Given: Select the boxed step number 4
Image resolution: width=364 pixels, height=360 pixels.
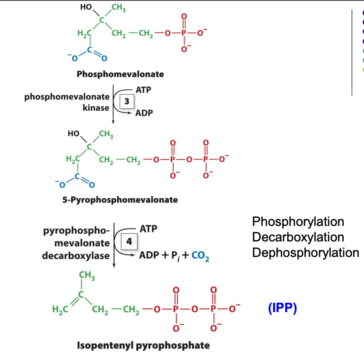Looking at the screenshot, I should click(x=128, y=242).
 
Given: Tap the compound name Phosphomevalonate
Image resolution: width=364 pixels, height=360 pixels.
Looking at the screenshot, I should click(x=120, y=74).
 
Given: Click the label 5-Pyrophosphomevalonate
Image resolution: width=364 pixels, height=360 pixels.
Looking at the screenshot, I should click(x=120, y=200).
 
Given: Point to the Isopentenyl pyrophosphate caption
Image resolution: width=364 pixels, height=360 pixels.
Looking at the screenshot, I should click(x=143, y=345).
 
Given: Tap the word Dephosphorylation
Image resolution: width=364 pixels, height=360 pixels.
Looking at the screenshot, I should click(x=305, y=252).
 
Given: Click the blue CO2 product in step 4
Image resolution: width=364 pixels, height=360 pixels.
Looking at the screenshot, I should click(x=200, y=256).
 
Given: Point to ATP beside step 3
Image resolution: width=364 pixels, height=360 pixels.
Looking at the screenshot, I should click(x=143, y=90).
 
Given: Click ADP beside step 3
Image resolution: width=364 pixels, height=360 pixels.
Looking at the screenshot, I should click(x=144, y=114).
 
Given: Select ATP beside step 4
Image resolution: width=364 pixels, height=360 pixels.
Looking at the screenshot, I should click(x=148, y=229).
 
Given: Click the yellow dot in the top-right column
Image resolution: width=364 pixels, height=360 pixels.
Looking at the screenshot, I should click(x=363, y=69).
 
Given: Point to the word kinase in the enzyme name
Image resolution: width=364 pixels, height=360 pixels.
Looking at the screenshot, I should click(x=96, y=108).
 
